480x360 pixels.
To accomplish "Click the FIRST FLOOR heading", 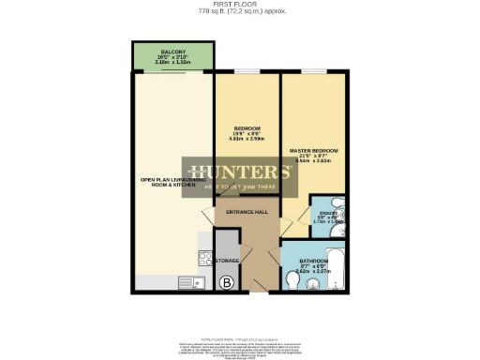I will coord(241,4).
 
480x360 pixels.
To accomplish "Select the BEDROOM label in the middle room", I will coord(247,128).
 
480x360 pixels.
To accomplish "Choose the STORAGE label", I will coord(228,259).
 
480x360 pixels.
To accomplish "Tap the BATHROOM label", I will coord(313,261).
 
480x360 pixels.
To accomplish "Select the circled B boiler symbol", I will coord(225,281).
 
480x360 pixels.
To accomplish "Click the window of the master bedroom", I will coord(312,72).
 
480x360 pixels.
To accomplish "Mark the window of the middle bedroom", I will coord(247,72).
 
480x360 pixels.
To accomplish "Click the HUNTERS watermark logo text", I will coord(241,172).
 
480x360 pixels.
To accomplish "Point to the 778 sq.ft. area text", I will coord(241,11).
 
